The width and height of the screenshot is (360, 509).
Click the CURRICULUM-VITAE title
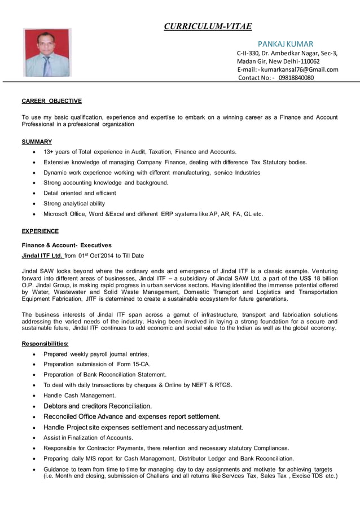207,26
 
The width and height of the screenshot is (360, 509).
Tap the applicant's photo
47,52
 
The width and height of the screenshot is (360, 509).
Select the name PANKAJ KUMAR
285,44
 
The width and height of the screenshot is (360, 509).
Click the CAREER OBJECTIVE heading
51,101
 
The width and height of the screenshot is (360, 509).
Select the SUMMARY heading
37,142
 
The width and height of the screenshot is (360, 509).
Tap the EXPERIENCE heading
40,231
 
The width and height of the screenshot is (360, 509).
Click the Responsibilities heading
45,344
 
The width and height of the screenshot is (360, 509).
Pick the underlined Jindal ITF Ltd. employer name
42,256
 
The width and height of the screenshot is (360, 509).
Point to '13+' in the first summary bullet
49,152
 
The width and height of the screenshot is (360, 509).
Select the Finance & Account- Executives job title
67,245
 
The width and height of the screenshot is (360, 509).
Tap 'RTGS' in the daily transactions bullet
223,385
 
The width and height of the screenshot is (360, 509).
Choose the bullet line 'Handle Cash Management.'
80,395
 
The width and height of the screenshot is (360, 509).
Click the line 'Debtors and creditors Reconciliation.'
98,406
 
